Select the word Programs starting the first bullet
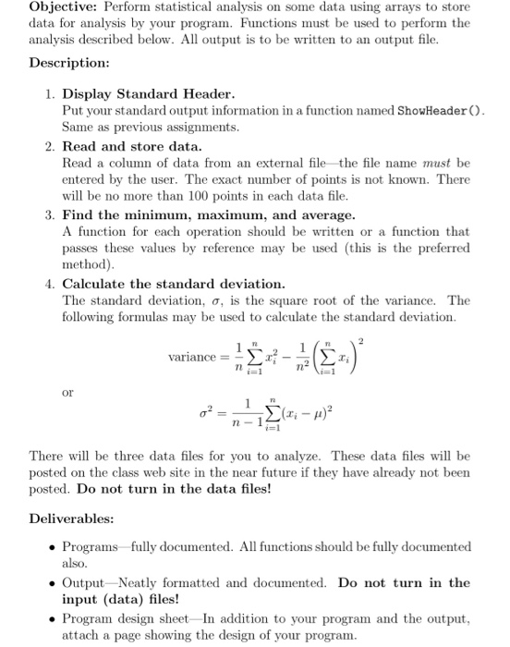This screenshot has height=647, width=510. point(89,546)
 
